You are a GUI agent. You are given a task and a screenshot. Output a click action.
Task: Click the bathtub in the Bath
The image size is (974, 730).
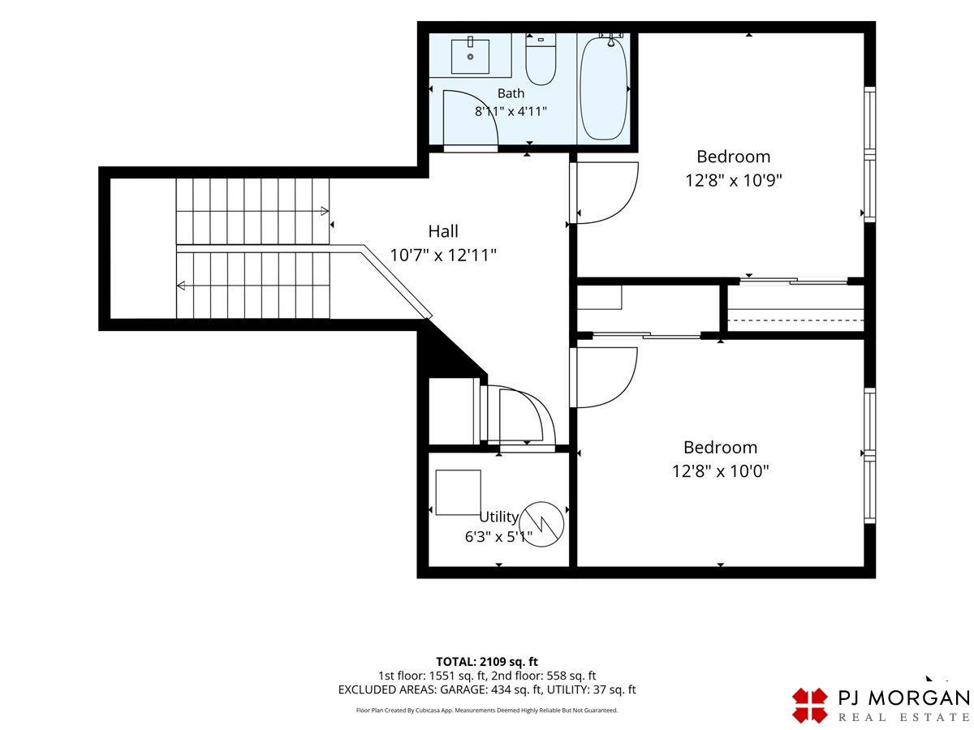[604, 88]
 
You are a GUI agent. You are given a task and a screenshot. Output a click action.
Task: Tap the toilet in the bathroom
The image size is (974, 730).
[540, 60]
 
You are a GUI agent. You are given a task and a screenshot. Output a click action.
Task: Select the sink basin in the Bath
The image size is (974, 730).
[470, 56]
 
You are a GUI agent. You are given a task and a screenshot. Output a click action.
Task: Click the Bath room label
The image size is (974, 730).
[511, 93]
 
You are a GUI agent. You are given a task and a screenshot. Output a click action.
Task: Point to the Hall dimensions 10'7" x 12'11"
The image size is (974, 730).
[443, 255]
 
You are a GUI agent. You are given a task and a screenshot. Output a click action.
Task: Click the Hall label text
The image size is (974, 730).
[443, 231]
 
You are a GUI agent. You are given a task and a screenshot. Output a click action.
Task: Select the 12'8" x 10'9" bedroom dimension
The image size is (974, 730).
[733, 180]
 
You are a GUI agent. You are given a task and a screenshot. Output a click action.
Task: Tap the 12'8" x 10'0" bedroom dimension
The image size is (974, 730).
[720, 470]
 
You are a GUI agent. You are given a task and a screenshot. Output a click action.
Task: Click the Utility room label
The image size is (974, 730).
[498, 517]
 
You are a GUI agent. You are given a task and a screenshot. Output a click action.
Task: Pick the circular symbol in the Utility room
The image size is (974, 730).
[541, 524]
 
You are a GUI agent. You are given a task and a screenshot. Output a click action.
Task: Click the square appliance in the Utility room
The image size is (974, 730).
[458, 492]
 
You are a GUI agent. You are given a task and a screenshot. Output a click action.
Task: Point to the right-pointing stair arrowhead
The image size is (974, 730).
[325, 211]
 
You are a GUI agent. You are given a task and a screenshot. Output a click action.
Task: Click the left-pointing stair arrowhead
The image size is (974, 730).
[181, 286]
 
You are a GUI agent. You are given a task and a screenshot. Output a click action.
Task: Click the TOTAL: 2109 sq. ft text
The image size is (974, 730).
[487, 662]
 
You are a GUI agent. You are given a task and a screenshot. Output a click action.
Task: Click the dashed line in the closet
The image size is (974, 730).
[795, 320]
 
